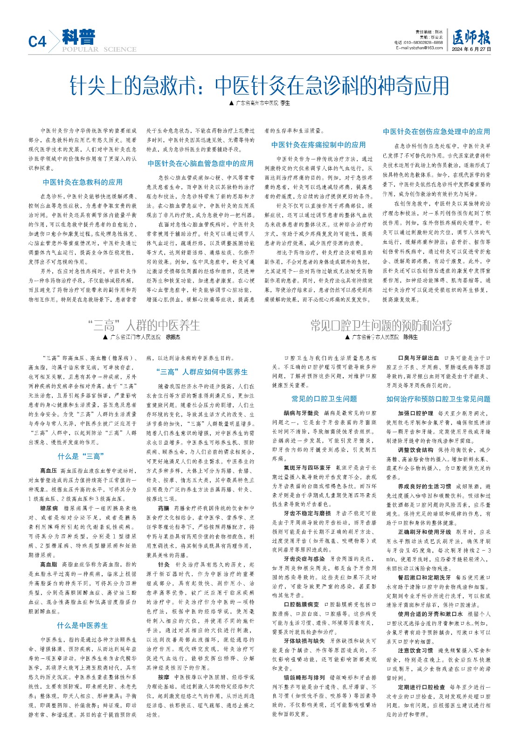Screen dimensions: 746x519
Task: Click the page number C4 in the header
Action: [x=38, y=41]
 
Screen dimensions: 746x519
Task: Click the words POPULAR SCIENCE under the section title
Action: [x=99, y=49]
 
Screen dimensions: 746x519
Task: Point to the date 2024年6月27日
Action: [x=471, y=48]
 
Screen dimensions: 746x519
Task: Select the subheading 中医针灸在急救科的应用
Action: [x=83, y=182]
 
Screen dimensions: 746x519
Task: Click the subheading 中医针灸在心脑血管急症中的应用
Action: [x=201, y=163]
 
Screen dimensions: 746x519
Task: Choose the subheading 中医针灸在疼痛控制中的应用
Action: [x=318, y=145]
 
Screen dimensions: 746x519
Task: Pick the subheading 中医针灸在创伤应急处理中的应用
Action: [x=436, y=131]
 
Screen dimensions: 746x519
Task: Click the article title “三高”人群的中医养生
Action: [x=144, y=325]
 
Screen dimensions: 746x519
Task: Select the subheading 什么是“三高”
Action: [x=81, y=456]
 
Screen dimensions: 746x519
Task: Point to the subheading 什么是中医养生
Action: [x=82, y=625]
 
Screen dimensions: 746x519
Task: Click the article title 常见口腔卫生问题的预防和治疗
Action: [x=381, y=325]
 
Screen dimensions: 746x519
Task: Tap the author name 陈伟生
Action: [x=410, y=337]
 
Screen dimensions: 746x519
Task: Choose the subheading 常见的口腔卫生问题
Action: [x=324, y=399]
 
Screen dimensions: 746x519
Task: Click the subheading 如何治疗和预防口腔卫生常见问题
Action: [x=438, y=399]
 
